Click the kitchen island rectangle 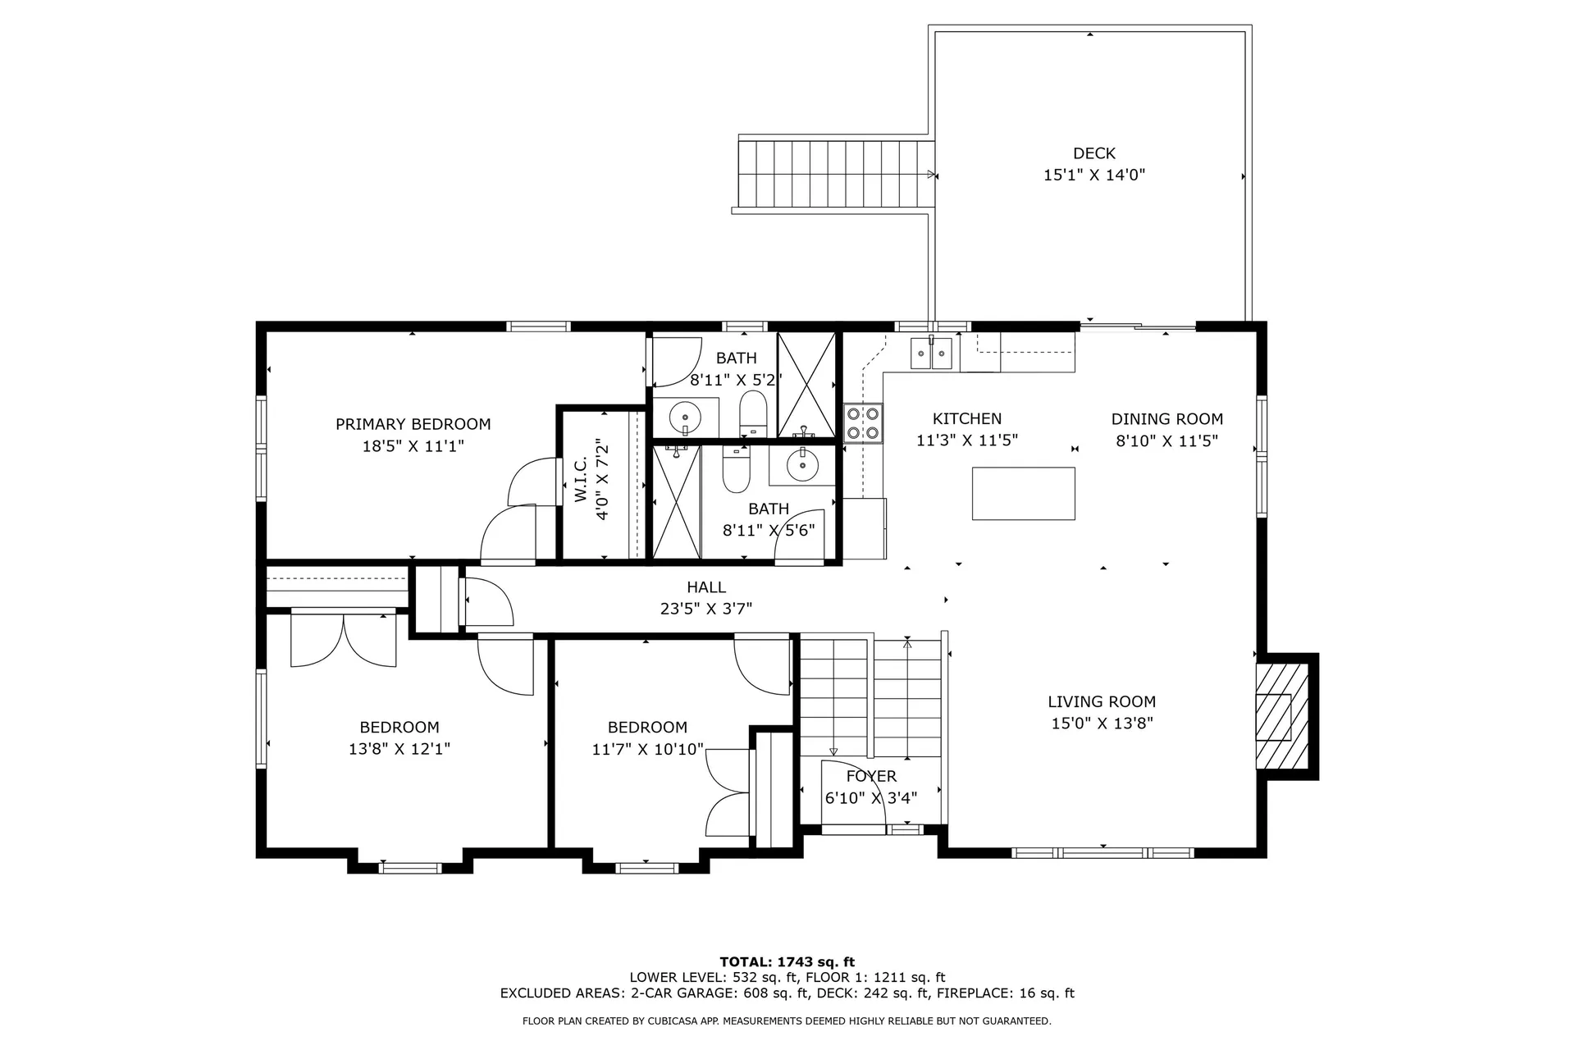click(x=1023, y=493)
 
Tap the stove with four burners click(x=863, y=423)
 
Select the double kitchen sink click(x=931, y=354)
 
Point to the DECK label click(x=1093, y=153)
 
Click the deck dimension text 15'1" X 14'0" click(x=1093, y=175)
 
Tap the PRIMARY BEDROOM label click(x=413, y=424)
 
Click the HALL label click(x=706, y=587)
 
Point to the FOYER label click(x=871, y=776)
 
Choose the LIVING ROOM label click(x=1102, y=701)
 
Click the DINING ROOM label click(x=1166, y=418)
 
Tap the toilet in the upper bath click(x=751, y=413)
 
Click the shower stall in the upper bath click(x=806, y=384)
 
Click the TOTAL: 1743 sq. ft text click(x=787, y=961)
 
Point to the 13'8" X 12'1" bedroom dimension click(x=399, y=749)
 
